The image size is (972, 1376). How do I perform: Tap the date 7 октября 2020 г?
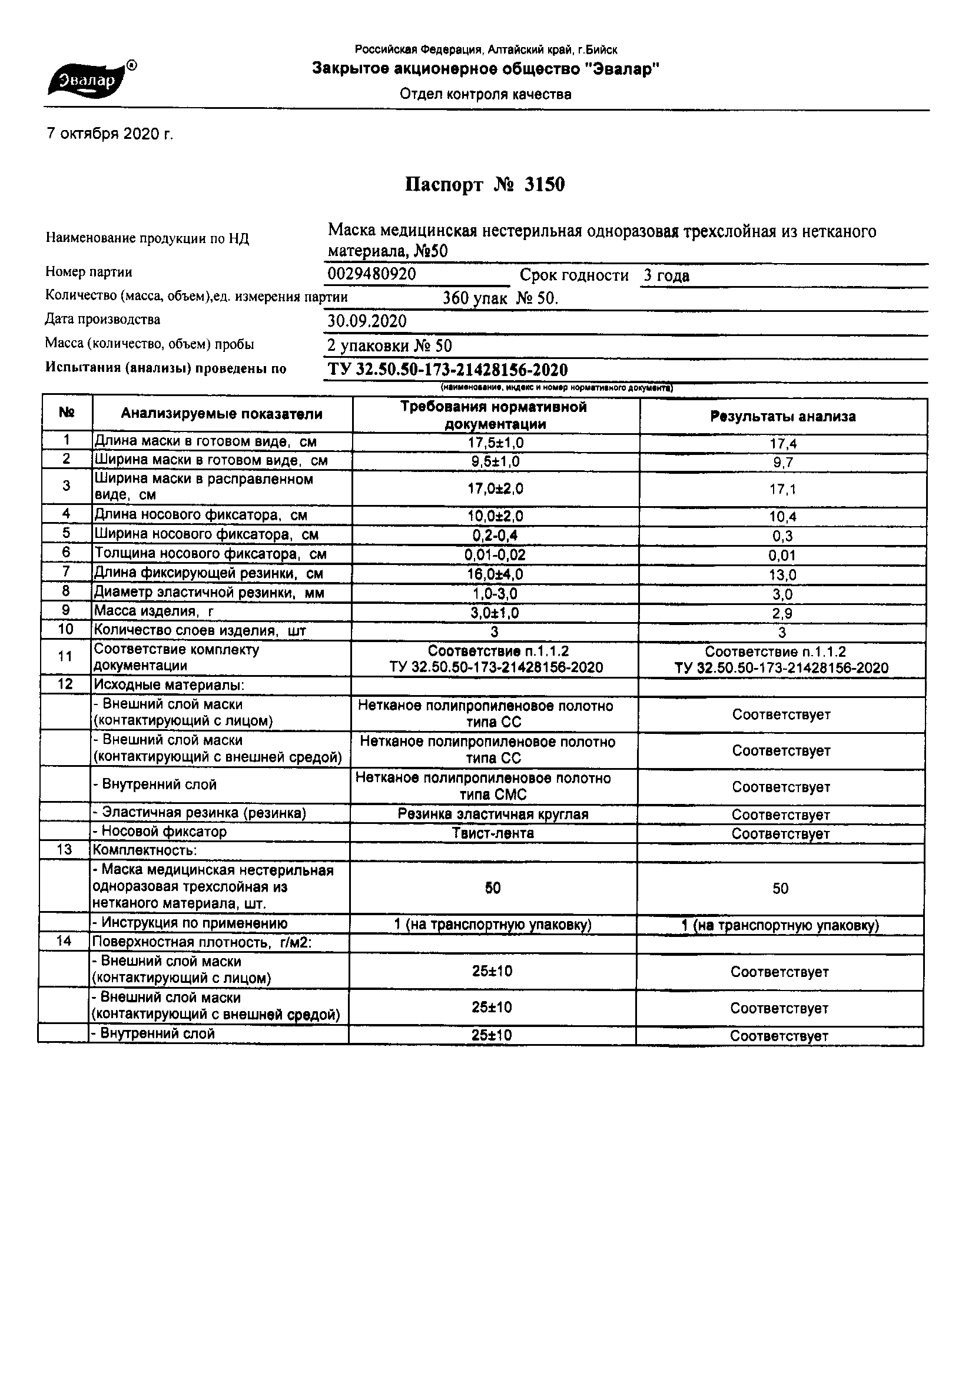[110, 134]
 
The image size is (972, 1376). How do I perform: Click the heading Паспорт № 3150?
[485, 185]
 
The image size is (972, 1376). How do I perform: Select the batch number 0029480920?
[371, 274]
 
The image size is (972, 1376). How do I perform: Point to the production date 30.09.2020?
[366, 321]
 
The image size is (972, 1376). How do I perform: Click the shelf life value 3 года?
[666, 275]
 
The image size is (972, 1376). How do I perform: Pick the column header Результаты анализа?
[782, 417]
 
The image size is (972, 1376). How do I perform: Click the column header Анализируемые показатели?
[221, 414]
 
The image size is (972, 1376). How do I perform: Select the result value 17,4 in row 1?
[783, 444]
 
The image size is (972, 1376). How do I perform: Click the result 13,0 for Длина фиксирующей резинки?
[782, 576]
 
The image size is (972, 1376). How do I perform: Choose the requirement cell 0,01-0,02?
[495, 555]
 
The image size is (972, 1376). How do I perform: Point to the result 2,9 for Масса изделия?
[782, 614]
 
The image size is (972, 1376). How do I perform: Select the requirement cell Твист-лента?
[493, 833]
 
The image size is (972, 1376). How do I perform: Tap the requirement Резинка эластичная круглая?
[493, 814]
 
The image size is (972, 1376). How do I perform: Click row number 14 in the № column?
[64, 941]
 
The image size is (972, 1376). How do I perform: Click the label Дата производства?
[102, 320]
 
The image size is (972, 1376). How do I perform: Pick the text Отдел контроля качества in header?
[486, 94]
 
